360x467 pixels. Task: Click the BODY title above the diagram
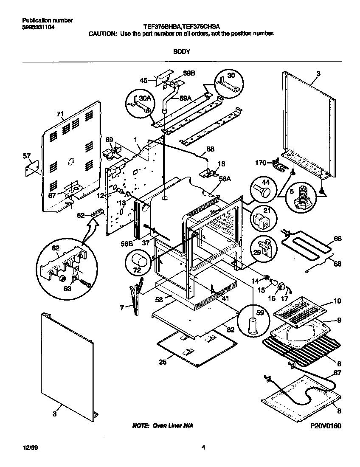click(x=181, y=51)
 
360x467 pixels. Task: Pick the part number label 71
click(x=59, y=114)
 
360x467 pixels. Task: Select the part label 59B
click(x=189, y=73)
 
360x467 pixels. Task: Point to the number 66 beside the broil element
click(x=337, y=239)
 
